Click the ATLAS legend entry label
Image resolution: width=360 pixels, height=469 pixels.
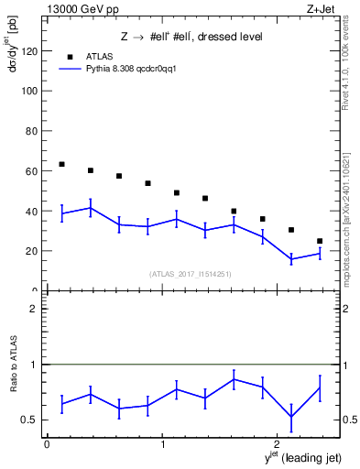(99, 57)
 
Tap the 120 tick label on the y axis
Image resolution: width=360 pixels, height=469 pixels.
(30, 51)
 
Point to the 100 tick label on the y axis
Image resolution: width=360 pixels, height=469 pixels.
(30, 92)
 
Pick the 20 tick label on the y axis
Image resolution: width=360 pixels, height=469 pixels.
(33, 251)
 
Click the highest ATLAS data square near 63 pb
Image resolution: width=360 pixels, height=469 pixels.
(61, 164)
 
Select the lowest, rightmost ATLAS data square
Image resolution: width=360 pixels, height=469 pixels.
(320, 241)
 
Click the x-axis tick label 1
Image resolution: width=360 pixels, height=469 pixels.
(162, 444)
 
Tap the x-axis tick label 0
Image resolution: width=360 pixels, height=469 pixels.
(47, 444)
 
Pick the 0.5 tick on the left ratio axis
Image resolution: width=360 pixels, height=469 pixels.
(31, 420)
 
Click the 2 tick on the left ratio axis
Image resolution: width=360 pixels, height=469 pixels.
(35, 309)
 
